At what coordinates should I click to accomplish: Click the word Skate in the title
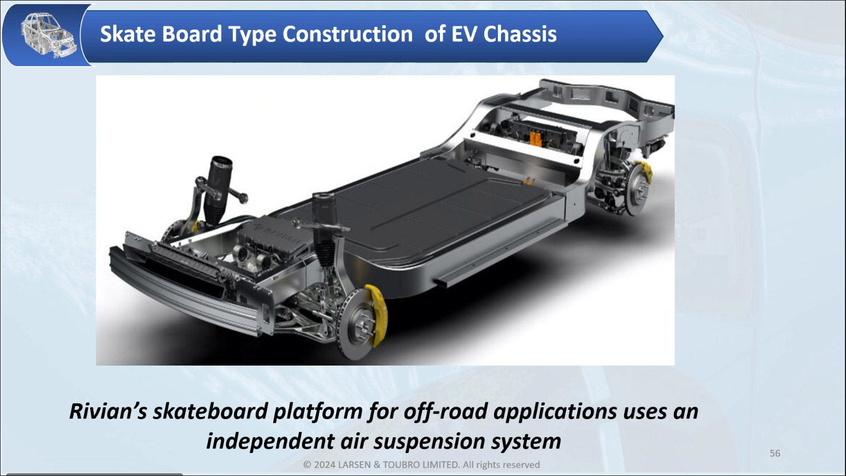click(128, 34)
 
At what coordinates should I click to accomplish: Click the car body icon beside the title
click(48, 35)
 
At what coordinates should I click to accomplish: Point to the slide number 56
click(775, 453)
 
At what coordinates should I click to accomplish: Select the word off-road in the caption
click(445, 411)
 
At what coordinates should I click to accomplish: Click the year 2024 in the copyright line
click(324, 465)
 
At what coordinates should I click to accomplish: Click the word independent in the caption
click(270, 442)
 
